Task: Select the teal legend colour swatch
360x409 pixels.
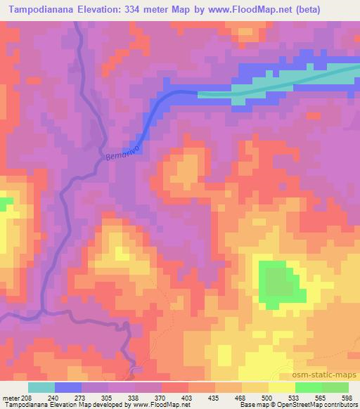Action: tap(41, 387)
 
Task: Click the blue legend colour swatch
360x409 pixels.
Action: tap(68, 387)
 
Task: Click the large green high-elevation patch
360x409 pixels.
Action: tap(280, 284)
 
